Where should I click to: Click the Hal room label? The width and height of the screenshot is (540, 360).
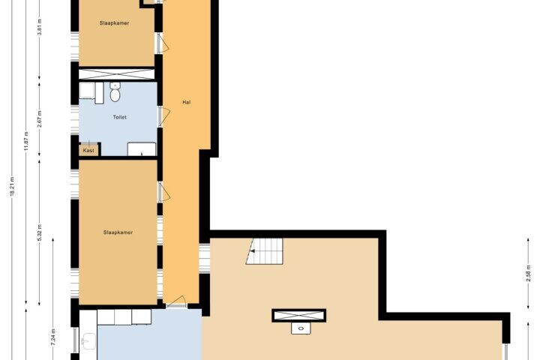pos(186,102)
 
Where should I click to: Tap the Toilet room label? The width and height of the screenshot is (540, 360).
pos(119,117)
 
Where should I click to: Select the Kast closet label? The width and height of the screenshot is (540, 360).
pos(88,151)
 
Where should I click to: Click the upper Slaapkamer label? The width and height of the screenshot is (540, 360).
pos(114,23)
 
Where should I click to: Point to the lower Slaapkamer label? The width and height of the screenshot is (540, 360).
pos(118,232)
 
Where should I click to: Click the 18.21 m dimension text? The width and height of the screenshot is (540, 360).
pos(13,187)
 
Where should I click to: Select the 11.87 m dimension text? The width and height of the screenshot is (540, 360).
pos(26,142)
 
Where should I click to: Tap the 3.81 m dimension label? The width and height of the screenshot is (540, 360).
pos(40,27)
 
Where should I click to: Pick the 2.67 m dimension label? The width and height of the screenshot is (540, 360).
pos(40,118)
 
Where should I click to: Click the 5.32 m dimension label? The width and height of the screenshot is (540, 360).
pos(40,232)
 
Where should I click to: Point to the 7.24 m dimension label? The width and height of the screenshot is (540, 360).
pos(53,337)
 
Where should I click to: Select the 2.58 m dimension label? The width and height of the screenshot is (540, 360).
pos(528,274)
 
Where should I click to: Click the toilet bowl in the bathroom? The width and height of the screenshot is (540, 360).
pos(115,92)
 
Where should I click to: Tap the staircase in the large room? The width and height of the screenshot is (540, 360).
pos(265,251)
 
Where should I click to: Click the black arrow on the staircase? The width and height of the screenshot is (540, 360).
pos(253,251)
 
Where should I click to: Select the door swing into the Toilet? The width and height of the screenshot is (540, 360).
pos(164,115)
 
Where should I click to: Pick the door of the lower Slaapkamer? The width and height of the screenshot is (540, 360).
pos(164,191)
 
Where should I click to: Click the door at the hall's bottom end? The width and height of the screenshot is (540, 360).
pos(176,301)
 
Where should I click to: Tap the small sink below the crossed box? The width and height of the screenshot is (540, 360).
pos(301,328)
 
